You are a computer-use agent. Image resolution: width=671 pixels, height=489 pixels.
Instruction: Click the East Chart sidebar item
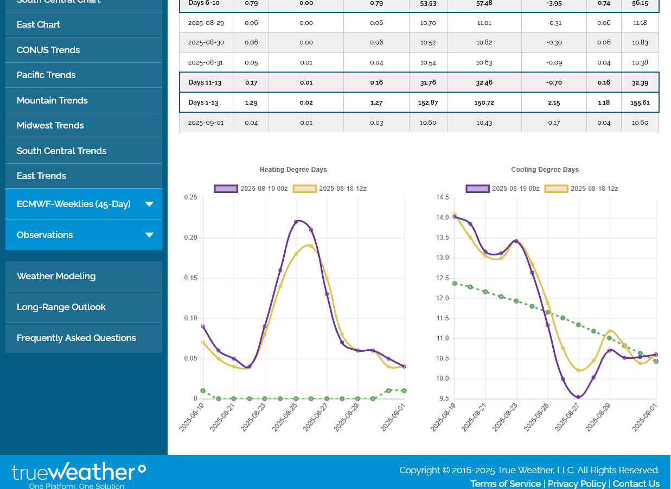[x=39, y=24]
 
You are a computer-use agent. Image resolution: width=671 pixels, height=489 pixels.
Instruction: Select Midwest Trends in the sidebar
[x=50, y=125]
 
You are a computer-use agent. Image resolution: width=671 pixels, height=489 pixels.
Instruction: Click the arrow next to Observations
[x=149, y=235]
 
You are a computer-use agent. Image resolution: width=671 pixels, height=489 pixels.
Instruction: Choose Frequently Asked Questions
[x=76, y=338]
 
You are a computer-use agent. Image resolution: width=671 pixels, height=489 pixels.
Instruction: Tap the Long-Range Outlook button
[x=61, y=307]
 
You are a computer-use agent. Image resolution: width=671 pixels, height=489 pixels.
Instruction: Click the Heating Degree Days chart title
[x=293, y=170]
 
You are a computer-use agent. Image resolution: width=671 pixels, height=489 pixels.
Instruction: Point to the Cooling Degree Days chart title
[x=545, y=170]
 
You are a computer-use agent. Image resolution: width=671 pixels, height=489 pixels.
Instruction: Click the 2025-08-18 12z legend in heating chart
[x=330, y=189]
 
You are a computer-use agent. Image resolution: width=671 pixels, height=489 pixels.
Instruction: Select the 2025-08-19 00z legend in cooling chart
[x=503, y=189]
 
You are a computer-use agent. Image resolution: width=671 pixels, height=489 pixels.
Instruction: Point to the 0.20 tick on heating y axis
[x=190, y=237]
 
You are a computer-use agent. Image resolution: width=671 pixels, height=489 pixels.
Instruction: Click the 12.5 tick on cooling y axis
[x=443, y=278]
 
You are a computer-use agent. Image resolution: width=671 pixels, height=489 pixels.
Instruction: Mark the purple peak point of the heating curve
[x=296, y=222]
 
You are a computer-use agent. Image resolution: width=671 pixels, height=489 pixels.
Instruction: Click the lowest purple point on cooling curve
[x=578, y=397]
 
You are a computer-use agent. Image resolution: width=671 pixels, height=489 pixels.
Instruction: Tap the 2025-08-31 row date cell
[x=206, y=62]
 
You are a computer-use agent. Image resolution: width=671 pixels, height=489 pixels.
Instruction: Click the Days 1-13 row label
[x=205, y=102]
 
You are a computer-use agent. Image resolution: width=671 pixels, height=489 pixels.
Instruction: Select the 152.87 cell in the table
[x=428, y=102]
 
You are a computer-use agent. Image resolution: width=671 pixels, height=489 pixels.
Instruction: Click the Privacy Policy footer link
[x=577, y=484]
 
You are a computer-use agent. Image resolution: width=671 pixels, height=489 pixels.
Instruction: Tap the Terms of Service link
[x=506, y=484]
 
